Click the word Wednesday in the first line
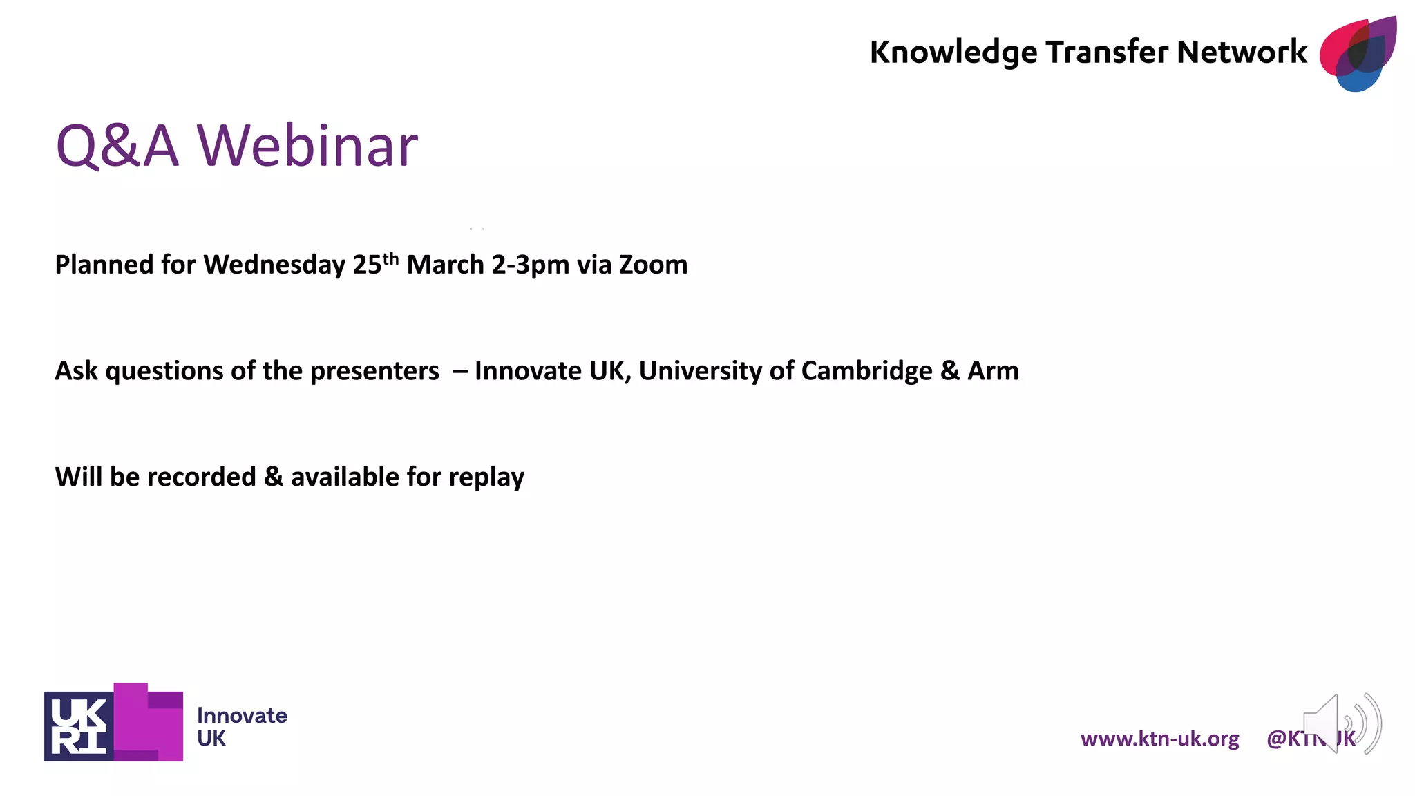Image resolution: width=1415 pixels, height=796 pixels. (274, 265)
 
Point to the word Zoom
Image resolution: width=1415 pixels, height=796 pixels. (653, 265)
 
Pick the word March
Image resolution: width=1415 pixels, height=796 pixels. (445, 265)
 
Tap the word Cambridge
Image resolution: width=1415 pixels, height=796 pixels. (866, 372)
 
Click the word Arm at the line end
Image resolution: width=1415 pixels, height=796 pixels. (993, 372)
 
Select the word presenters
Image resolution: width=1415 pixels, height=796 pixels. (374, 372)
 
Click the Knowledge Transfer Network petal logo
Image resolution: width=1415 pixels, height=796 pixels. (1358, 54)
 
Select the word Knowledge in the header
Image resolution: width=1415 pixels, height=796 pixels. (953, 53)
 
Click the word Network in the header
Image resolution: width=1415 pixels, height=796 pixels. (1242, 53)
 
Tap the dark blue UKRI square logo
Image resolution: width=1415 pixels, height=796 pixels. (79, 726)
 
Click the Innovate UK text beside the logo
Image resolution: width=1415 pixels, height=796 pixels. (242, 726)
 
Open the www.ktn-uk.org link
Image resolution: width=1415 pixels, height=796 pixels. (1159, 739)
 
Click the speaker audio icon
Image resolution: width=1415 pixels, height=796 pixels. (1341, 723)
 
